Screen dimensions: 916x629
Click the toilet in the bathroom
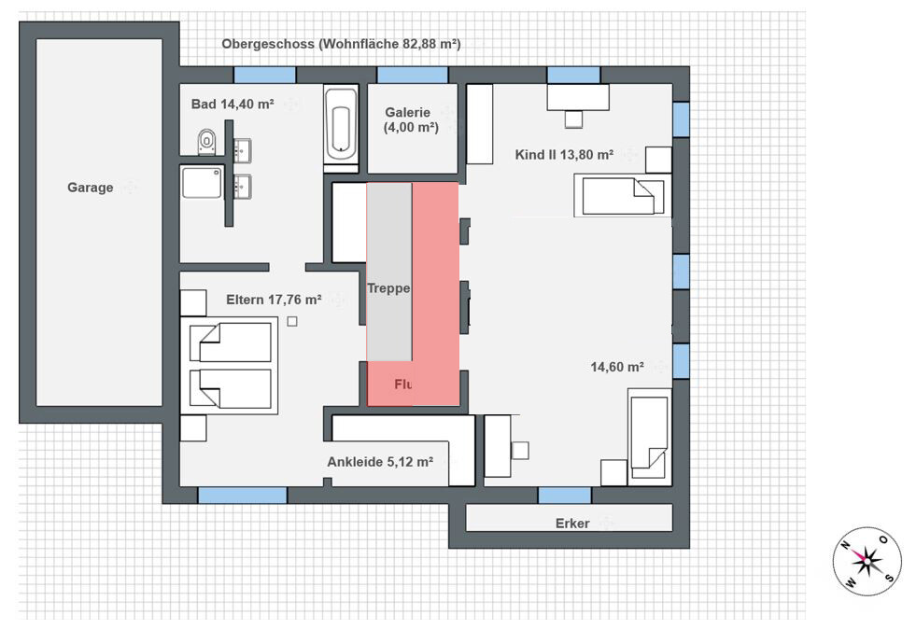(x=206, y=141)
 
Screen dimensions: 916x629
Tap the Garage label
(x=90, y=188)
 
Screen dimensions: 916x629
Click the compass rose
(x=867, y=561)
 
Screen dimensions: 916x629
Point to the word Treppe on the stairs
(x=388, y=288)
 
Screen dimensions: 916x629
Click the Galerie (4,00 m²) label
(x=411, y=119)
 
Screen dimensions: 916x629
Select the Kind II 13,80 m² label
(x=564, y=155)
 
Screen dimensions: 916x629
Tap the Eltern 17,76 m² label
(x=274, y=300)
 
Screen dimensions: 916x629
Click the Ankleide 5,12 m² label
(x=380, y=462)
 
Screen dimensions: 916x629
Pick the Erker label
(x=572, y=524)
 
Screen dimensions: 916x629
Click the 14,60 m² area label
(x=617, y=367)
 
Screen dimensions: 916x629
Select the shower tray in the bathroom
(x=202, y=183)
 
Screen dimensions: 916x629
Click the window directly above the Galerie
(x=413, y=75)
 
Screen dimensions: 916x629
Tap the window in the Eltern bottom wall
(x=243, y=496)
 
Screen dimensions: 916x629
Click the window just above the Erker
(x=564, y=496)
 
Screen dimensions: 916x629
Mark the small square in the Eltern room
(x=292, y=321)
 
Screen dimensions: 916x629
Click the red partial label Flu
(x=403, y=384)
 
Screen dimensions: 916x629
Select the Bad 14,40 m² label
(x=233, y=104)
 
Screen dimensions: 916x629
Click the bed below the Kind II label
(x=623, y=196)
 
